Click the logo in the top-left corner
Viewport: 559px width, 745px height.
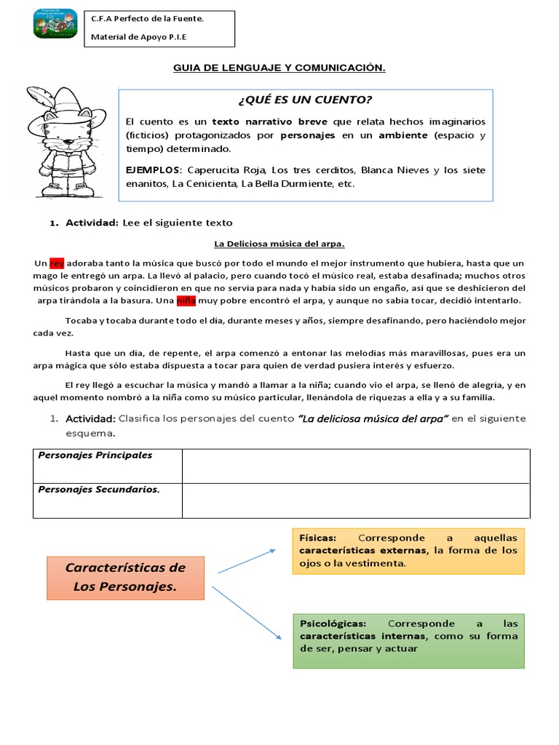pos(57,25)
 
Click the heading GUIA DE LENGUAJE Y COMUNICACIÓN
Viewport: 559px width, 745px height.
pos(279,68)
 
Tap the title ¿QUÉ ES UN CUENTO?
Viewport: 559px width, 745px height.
pos(305,100)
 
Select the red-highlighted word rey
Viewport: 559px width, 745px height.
pos(58,263)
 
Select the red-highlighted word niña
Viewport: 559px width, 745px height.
pos(187,300)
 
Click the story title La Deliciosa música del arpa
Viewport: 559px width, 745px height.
pos(279,244)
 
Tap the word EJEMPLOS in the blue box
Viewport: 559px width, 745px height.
pos(154,170)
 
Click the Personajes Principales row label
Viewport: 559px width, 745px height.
pos(95,455)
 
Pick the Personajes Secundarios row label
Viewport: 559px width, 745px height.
pos(98,490)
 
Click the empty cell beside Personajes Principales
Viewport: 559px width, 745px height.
pos(355,466)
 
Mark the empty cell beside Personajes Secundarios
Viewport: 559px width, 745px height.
pos(355,501)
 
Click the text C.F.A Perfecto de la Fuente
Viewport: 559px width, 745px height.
pos(147,19)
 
